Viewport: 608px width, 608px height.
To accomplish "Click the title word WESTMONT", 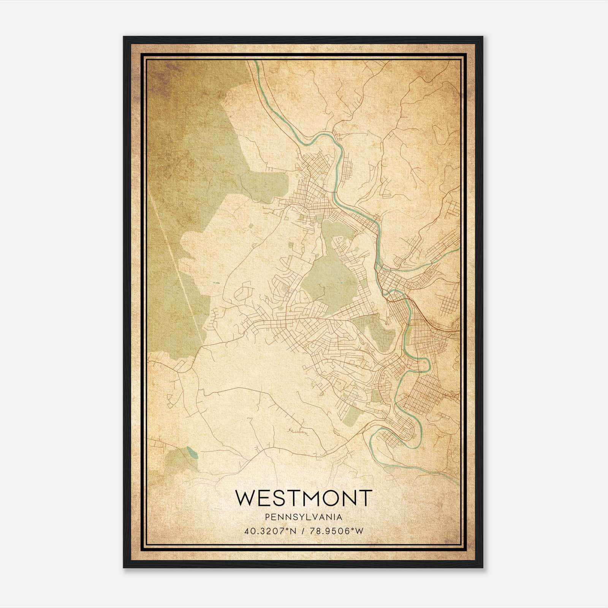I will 303,498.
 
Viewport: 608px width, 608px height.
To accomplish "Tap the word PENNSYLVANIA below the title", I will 303,517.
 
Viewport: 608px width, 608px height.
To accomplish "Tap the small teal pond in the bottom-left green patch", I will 192,453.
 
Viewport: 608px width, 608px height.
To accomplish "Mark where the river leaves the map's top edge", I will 256,62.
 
